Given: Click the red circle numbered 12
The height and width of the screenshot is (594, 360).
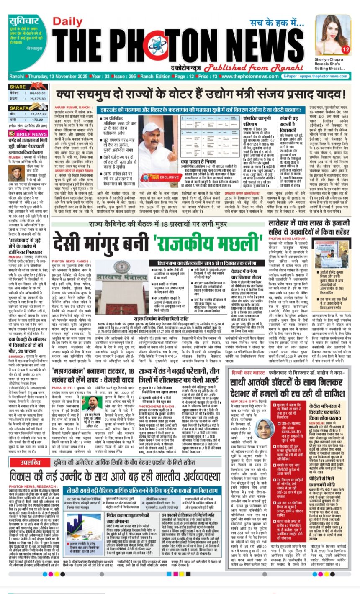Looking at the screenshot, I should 346,50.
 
